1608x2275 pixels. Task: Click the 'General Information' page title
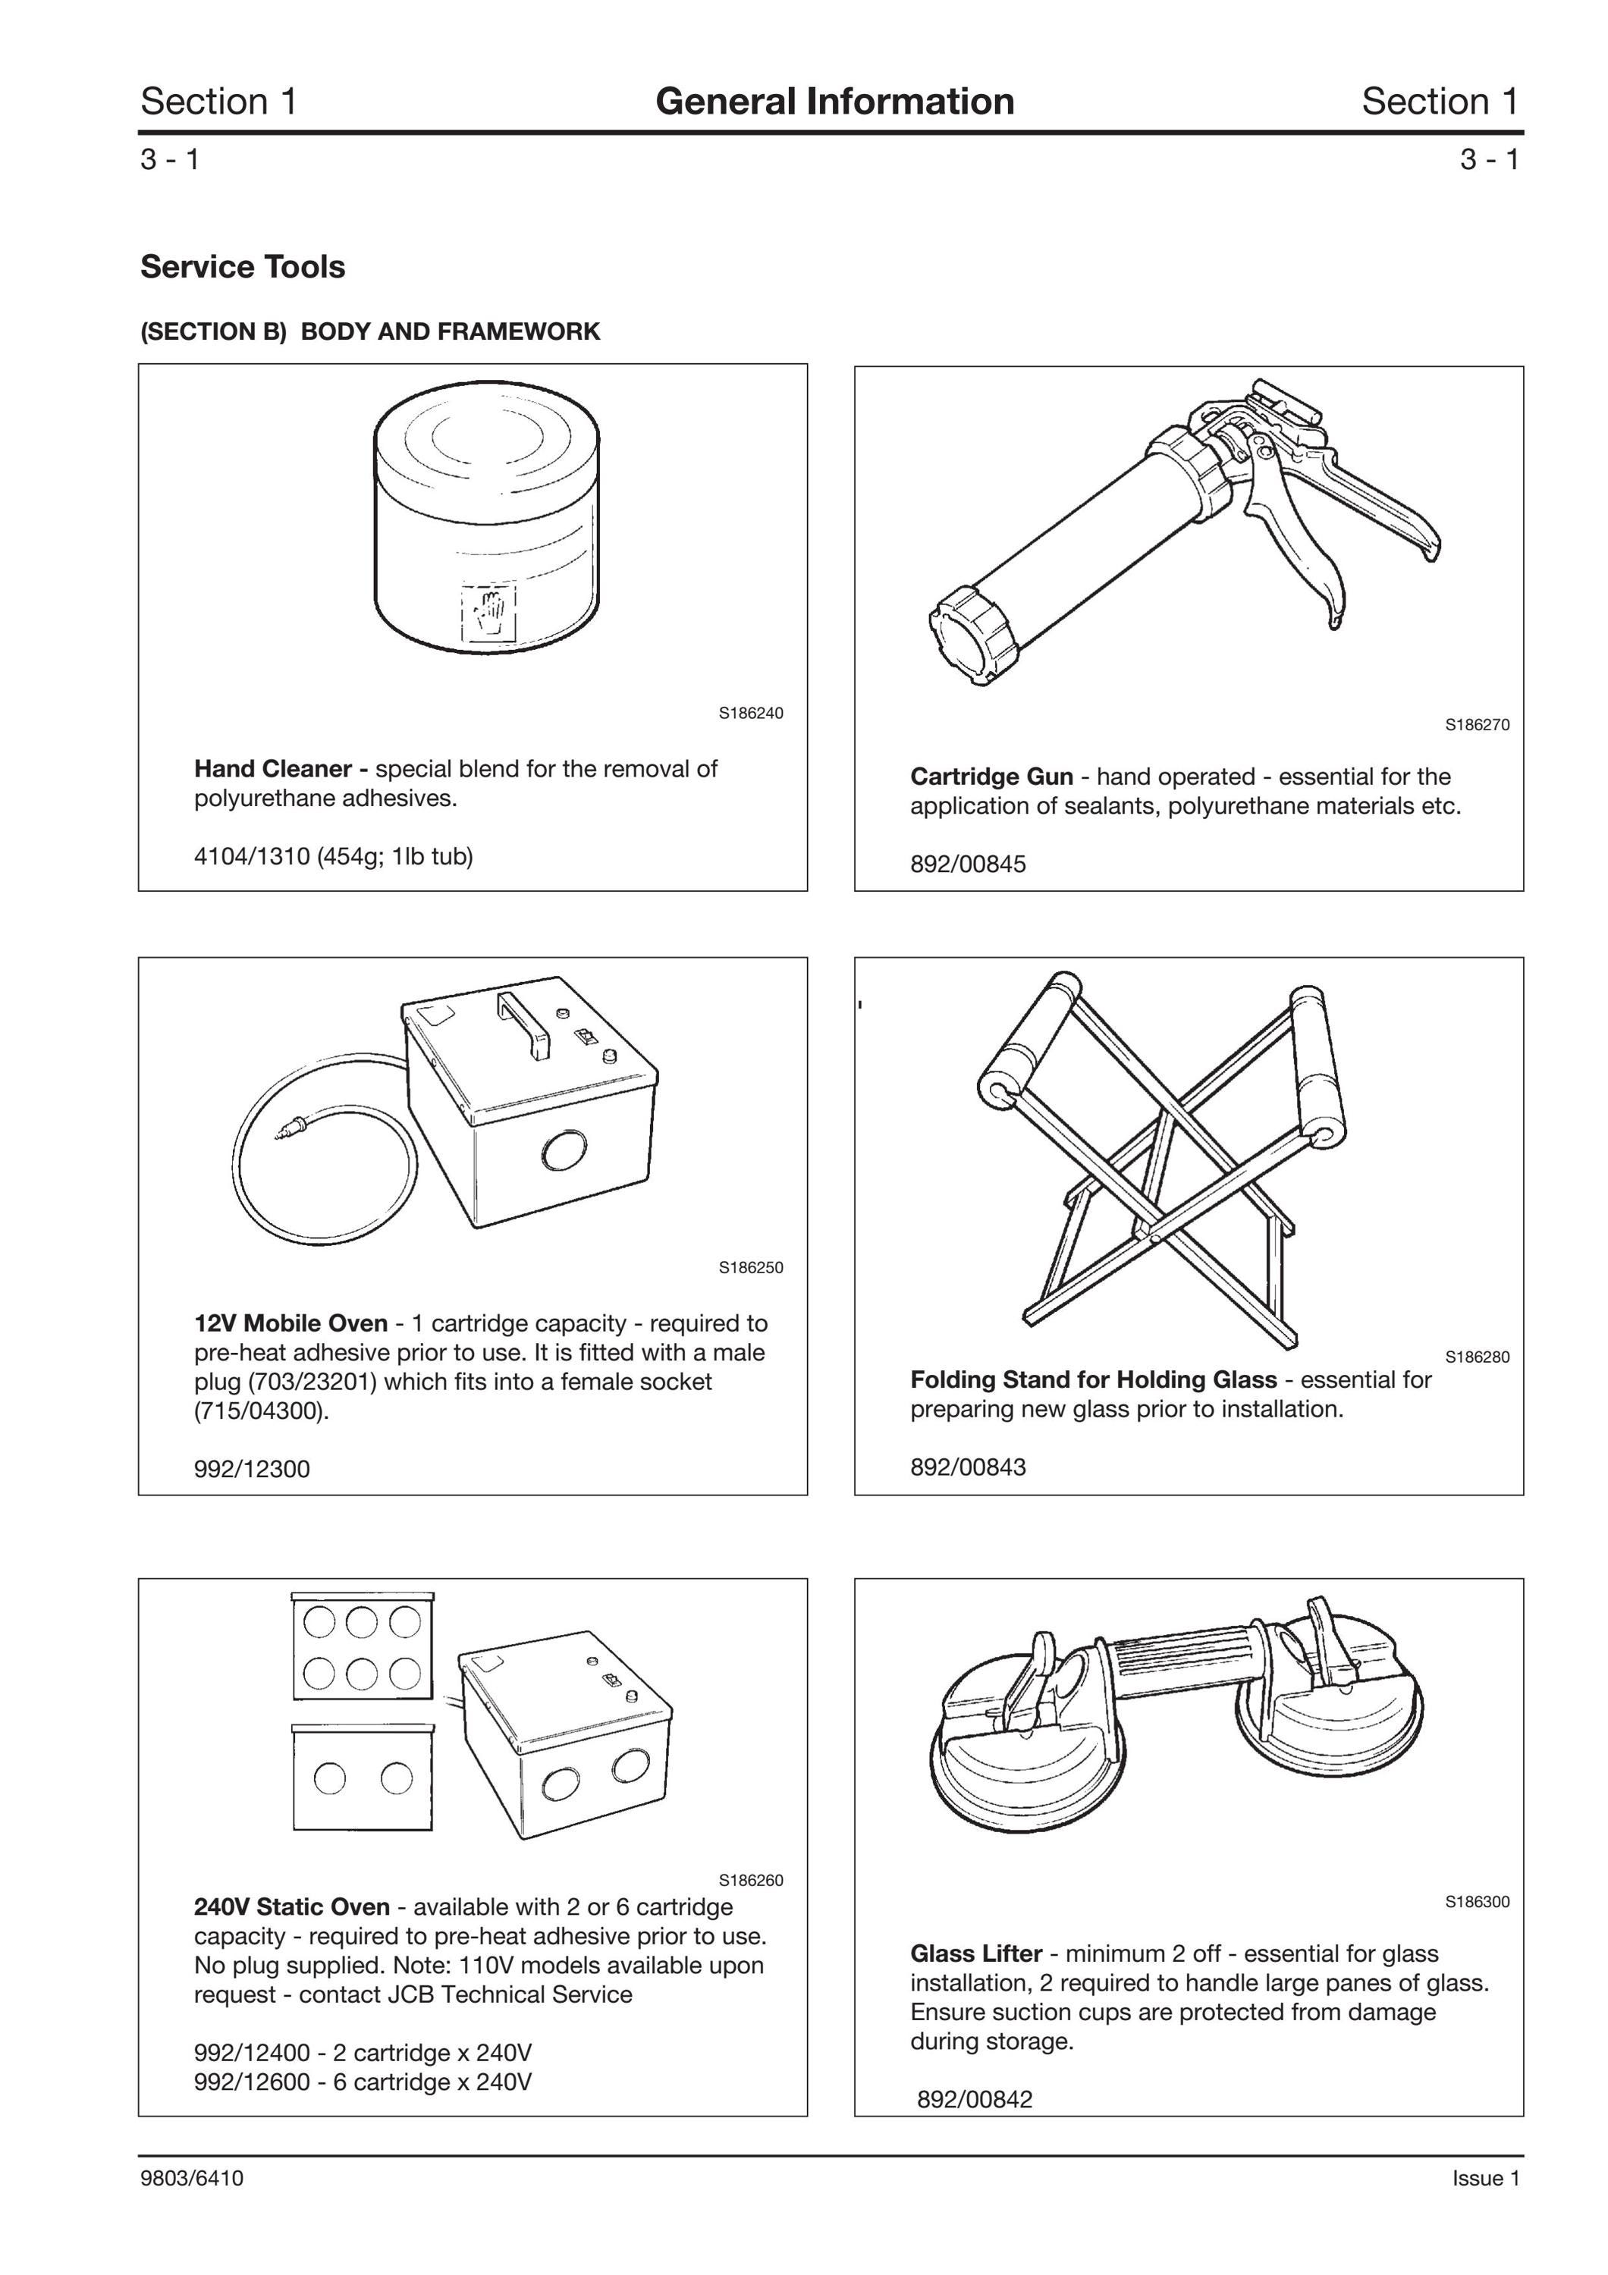tap(834, 101)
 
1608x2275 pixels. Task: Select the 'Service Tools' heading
tap(243, 266)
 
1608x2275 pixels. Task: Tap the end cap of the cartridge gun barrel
tap(974, 636)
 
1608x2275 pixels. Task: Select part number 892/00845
tap(968, 864)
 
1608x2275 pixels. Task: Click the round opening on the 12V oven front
tap(566, 1150)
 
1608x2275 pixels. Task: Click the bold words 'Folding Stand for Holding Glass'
tap(1094, 1379)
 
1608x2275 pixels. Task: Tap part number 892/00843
tap(968, 1467)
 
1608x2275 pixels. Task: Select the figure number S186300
tap(1478, 1901)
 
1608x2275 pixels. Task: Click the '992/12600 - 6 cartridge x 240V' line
tap(363, 2081)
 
